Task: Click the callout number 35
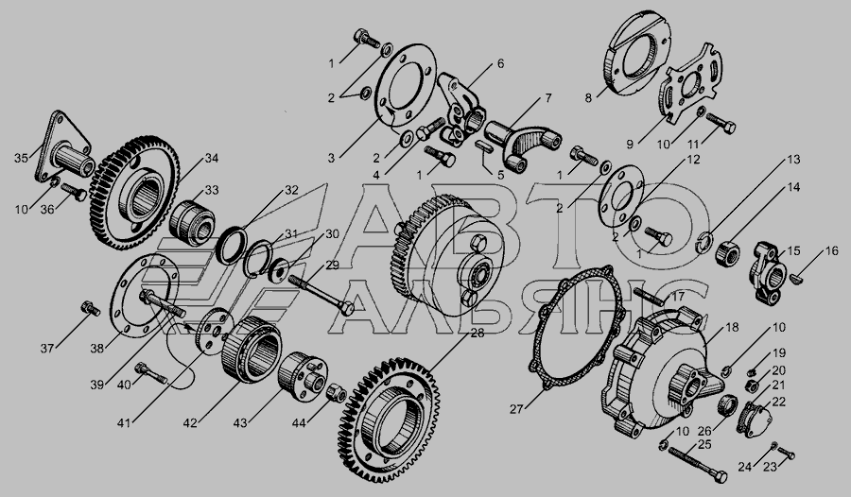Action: click(x=21, y=158)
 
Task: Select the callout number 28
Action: click(x=478, y=334)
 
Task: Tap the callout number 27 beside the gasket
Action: click(x=516, y=410)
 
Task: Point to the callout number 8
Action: click(x=588, y=98)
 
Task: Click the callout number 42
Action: click(x=189, y=423)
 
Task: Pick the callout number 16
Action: click(x=832, y=251)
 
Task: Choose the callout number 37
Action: click(x=47, y=349)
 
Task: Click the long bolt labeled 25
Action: click(x=698, y=463)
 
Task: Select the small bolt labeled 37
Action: click(x=90, y=308)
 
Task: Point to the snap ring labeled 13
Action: click(x=704, y=243)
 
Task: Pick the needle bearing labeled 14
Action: click(x=727, y=253)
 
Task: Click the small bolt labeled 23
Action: click(x=787, y=453)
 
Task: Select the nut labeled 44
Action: click(x=336, y=392)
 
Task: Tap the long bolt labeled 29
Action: click(x=321, y=296)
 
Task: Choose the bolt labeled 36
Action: click(x=75, y=192)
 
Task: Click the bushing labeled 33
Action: click(x=192, y=219)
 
